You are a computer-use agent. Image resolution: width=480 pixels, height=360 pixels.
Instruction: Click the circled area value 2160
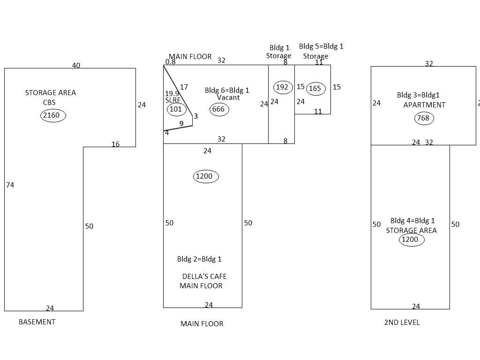53,115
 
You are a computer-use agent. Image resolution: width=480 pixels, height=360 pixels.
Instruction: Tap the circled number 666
219,109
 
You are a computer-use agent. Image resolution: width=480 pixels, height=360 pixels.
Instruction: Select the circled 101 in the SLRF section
176,109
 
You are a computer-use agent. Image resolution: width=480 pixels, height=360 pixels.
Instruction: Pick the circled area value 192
282,87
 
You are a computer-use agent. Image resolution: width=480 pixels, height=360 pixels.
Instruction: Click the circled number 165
315,88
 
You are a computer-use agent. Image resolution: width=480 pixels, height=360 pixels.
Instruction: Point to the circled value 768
423,118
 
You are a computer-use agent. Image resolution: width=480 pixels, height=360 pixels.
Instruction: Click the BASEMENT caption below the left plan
37,322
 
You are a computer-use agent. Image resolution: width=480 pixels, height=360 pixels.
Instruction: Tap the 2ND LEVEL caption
402,322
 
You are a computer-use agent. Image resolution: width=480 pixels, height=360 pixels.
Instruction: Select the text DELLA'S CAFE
204,276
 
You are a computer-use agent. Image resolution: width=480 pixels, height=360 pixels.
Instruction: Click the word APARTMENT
424,105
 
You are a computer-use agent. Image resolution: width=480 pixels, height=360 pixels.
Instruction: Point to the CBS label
49,102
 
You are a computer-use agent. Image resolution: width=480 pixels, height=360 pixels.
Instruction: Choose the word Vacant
228,97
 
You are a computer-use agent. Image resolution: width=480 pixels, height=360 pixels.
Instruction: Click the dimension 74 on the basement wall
10,185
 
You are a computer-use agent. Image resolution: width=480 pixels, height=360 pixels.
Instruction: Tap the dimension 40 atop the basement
76,65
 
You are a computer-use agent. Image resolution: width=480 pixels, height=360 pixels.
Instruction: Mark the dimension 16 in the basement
115,144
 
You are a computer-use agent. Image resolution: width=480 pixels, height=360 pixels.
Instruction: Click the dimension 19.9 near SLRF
172,94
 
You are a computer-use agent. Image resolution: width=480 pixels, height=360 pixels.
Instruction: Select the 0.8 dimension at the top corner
170,61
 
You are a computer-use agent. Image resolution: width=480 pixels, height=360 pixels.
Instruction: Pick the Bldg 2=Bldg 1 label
199,259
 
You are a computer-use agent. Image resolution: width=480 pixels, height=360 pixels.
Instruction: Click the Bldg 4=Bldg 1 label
412,220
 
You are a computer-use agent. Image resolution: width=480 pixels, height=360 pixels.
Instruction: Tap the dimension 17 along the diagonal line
184,87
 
